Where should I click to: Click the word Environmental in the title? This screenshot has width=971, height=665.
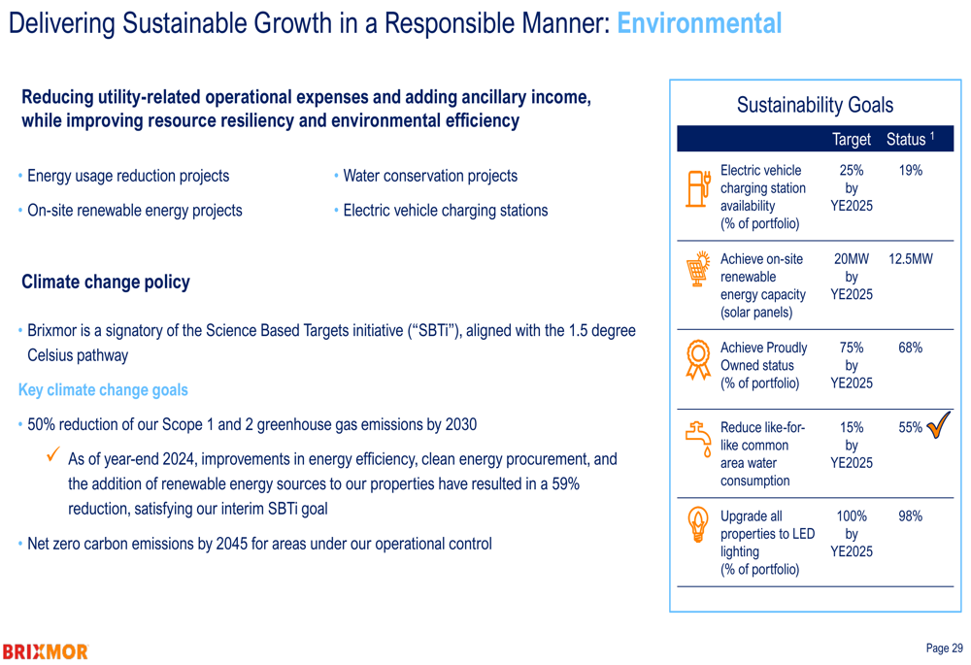pyautogui.click(x=699, y=23)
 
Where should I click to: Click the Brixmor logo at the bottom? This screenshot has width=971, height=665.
pyautogui.click(x=46, y=651)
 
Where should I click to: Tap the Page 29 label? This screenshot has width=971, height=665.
pyautogui.click(x=945, y=648)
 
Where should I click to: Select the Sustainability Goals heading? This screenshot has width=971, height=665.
pyautogui.click(x=815, y=105)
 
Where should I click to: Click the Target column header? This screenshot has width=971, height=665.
pyautogui.click(x=852, y=140)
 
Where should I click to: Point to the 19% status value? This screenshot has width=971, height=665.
pyautogui.click(x=911, y=170)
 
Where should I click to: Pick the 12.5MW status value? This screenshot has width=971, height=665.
pyautogui.click(x=911, y=259)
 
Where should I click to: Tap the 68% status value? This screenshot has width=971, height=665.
pyautogui.click(x=911, y=348)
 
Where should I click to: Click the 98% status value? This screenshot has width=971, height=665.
pyautogui.click(x=911, y=515)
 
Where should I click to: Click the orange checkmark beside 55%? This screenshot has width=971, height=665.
pyautogui.click(x=938, y=426)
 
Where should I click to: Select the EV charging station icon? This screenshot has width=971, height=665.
pyautogui.click(x=698, y=188)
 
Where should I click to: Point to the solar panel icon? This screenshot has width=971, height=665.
pyautogui.click(x=698, y=269)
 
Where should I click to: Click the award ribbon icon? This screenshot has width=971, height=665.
pyautogui.click(x=698, y=359)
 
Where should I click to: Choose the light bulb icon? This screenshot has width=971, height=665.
pyautogui.click(x=698, y=524)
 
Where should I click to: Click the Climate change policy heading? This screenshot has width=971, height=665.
pyautogui.click(x=106, y=282)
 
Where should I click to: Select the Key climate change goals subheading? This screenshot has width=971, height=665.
pyautogui.click(x=103, y=389)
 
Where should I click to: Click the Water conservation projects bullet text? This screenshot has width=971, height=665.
pyautogui.click(x=430, y=176)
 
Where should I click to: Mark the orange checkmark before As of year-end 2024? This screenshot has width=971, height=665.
pyautogui.click(x=53, y=454)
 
